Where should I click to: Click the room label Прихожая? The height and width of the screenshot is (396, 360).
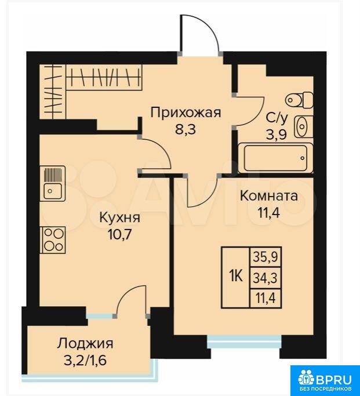186,113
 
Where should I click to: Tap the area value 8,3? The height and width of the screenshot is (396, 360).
186,129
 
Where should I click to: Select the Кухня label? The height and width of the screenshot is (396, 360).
119,217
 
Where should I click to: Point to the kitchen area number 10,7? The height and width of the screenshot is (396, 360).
119,235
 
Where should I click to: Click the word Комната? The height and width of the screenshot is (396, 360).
269,196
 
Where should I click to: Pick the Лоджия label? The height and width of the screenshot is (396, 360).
85,343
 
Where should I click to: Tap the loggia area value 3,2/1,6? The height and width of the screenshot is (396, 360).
85,360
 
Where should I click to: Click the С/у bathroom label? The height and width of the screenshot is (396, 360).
277,118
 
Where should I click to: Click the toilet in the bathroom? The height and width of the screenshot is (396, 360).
300,100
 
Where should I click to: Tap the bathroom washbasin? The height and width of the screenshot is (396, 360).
303,126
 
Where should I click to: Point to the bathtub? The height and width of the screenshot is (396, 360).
276,158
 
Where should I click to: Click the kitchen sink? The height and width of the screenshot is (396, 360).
53,183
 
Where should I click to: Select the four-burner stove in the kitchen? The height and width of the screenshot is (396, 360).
53,240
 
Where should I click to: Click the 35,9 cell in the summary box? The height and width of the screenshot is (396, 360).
266,257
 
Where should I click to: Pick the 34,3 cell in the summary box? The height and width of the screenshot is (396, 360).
266,278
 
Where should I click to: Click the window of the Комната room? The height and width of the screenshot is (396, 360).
245,341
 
